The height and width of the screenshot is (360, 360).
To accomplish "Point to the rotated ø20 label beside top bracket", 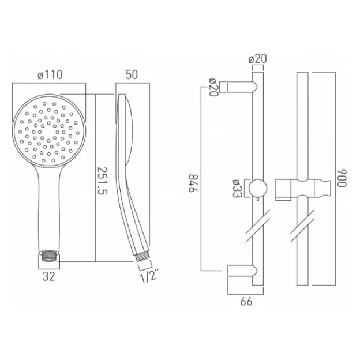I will coord(213,88).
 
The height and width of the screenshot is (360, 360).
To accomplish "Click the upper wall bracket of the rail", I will coord(241,87).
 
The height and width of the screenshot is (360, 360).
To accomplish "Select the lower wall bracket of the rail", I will coord(241,271).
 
